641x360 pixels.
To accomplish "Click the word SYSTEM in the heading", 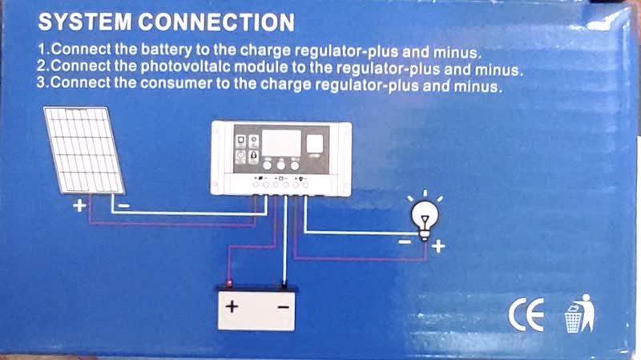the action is [x=85, y=22].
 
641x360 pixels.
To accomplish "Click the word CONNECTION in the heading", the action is [x=216, y=22].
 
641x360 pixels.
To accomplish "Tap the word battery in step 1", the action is [x=167, y=50].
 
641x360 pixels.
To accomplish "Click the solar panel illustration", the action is [x=84, y=150].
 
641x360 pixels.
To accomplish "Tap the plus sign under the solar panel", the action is [x=79, y=205].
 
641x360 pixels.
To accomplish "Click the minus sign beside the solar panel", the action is [x=124, y=205].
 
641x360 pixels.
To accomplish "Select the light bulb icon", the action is [x=425, y=216].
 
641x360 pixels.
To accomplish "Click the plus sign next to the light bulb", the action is [x=438, y=247].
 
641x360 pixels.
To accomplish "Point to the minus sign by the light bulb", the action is [x=405, y=242].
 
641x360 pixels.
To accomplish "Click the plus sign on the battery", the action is [x=232, y=306].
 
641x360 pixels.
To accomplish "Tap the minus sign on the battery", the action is [x=284, y=307].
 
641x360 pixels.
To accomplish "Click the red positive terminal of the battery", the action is [x=229, y=283].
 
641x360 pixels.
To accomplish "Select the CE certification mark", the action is [x=526, y=314].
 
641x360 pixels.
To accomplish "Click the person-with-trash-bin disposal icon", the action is [x=579, y=313].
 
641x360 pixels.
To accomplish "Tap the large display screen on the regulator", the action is [x=281, y=144].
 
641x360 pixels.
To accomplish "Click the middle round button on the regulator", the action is [x=281, y=165].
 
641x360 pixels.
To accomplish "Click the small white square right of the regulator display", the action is [x=315, y=144].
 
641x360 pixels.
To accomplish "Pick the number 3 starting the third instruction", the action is [x=41, y=83].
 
